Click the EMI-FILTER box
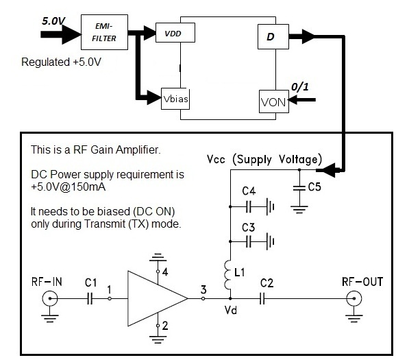pyautogui.click(x=104, y=32)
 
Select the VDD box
pyautogui.click(x=175, y=33)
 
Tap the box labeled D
pyautogui.click(x=273, y=36)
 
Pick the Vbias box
pyautogui.click(x=175, y=99)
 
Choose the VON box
pyautogui.click(x=274, y=101)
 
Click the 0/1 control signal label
pyautogui.click(x=300, y=87)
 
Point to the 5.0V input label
pyautogui.click(x=53, y=21)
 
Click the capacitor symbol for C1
pyautogui.click(x=90, y=298)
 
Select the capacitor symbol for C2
pyautogui.click(x=262, y=298)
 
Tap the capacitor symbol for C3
pyautogui.click(x=249, y=241)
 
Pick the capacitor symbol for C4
pyautogui.click(x=249, y=207)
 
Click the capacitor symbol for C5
pyautogui.click(x=299, y=188)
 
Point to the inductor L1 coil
pyautogui.click(x=227, y=275)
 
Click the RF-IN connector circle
pyautogui.click(x=50, y=299)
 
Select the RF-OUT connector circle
pyautogui.click(x=354, y=299)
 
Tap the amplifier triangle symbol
pyautogui.click(x=158, y=298)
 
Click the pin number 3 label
pyautogui.click(x=203, y=289)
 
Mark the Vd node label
pyautogui.click(x=231, y=310)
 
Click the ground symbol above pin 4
pyautogui.click(x=158, y=257)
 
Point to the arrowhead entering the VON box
pyautogui.click(x=293, y=99)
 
